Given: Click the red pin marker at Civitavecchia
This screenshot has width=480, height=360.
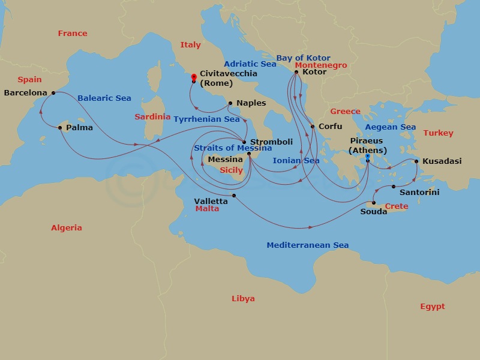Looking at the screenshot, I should (193, 77).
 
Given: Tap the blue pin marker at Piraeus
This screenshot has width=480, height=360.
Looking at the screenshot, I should (367, 157).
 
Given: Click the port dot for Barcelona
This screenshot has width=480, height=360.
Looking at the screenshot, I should (53, 93).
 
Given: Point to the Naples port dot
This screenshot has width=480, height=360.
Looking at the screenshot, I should (230, 103).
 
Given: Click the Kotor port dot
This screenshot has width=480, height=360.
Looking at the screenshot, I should (296, 72).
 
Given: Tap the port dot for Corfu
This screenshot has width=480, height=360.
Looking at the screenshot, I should (312, 127).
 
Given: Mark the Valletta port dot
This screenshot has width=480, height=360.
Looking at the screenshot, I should (234, 196).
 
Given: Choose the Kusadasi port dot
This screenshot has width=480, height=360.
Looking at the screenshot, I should (416, 161).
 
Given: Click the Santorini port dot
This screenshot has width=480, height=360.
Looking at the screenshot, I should (394, 187).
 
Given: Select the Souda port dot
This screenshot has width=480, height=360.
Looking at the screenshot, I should (373, 202).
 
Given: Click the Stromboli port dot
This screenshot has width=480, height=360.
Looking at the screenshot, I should (244, 142).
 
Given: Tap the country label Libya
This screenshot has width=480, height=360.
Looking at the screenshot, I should (243, 299).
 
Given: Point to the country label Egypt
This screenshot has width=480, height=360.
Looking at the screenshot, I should (432, 307).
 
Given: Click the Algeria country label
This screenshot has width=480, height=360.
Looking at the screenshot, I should (66, 228).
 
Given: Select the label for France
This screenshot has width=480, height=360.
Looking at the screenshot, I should (73, 34).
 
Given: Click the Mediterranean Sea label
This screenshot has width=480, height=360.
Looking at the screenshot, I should (307, 245).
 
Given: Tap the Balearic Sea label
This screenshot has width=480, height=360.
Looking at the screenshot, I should (104, 98).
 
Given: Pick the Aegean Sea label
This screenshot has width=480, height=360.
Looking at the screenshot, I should (391, 127).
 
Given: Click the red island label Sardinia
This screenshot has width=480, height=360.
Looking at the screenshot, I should (152, 117).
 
